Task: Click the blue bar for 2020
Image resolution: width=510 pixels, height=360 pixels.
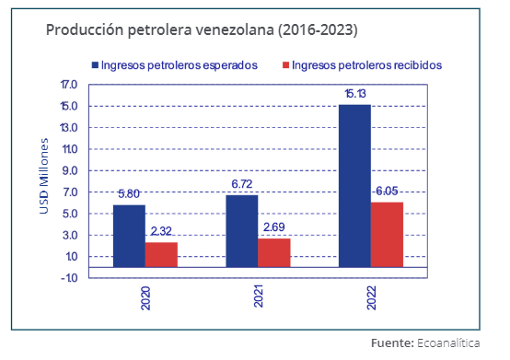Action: (x=129, y=236)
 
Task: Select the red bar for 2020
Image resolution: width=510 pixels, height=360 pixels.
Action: (x=161, y=255)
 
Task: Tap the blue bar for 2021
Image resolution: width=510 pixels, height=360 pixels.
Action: (x=242, y=231)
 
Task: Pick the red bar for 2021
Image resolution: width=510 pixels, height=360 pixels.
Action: (x=274, y=252)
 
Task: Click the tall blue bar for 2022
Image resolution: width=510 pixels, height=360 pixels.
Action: (x=354, y=186)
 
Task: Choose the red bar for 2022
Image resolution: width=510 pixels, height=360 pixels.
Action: (x=387, y=235)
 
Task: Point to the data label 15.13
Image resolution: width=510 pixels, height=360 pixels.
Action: (x=355, y=94)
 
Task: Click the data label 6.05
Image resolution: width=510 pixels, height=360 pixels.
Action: (x=387, y=191)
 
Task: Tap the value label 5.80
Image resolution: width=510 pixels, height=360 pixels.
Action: (x=129, y=194)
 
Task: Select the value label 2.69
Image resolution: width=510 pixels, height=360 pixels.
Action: (x=273, y=227)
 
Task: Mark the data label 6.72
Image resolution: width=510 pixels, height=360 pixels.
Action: (x=242, y=184)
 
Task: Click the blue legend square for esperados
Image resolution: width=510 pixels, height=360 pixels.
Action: (x=95, y=65)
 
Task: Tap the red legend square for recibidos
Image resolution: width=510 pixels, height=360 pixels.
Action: (x=285, y=65)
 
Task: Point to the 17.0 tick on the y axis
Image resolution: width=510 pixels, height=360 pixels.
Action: (x=69, y=85)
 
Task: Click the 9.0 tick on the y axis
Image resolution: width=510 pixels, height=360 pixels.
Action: (x=70, y=170)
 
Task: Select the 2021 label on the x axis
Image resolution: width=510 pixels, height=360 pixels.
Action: (x=259, y=296)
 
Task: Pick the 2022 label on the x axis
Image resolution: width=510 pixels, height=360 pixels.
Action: (x=371, y=297)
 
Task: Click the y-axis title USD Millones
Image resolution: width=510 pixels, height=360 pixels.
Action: (x=43, y=176)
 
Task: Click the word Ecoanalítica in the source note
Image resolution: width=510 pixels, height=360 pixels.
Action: (x=448, y=343)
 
